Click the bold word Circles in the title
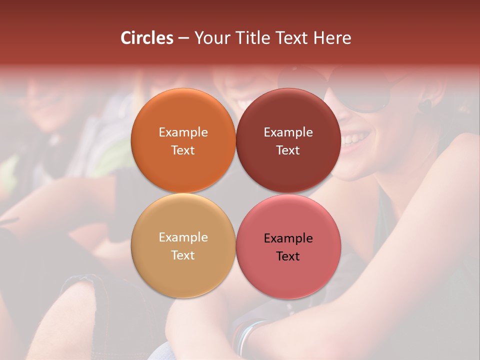coord(147,38)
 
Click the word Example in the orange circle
coord(183,132)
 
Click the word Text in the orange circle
coord(183,150)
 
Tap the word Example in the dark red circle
coord(288,132)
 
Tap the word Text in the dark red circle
coord(288,150)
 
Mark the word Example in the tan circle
coord(183,237)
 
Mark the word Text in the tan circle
coord(183,255)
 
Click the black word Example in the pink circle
coord(288,238)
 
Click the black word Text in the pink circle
coord(288,256)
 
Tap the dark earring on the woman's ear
coord(424,105)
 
